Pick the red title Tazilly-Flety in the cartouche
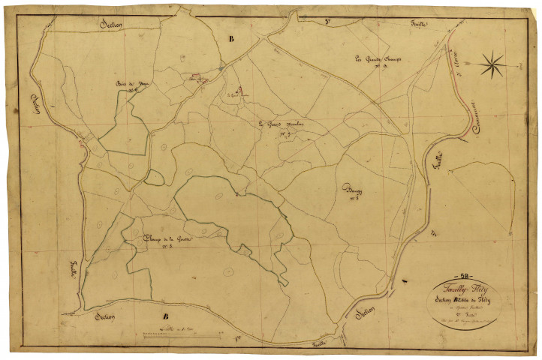[471, 289]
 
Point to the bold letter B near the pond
[231, 38]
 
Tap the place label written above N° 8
[351, 189]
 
